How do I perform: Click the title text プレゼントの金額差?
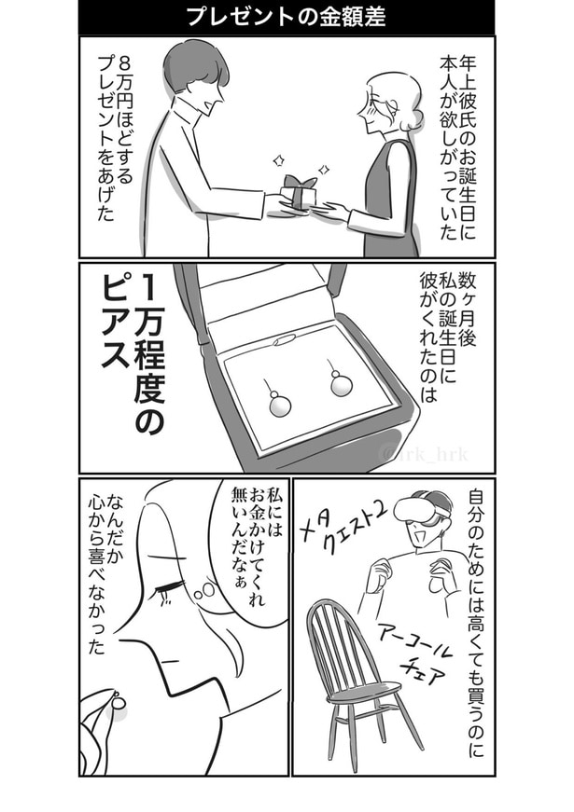[287, 16]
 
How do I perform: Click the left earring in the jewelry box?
[277, 403]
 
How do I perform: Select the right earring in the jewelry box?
[340, 381]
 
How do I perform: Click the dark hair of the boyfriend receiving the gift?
[192, 69]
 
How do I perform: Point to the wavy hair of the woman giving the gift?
[395, 97]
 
